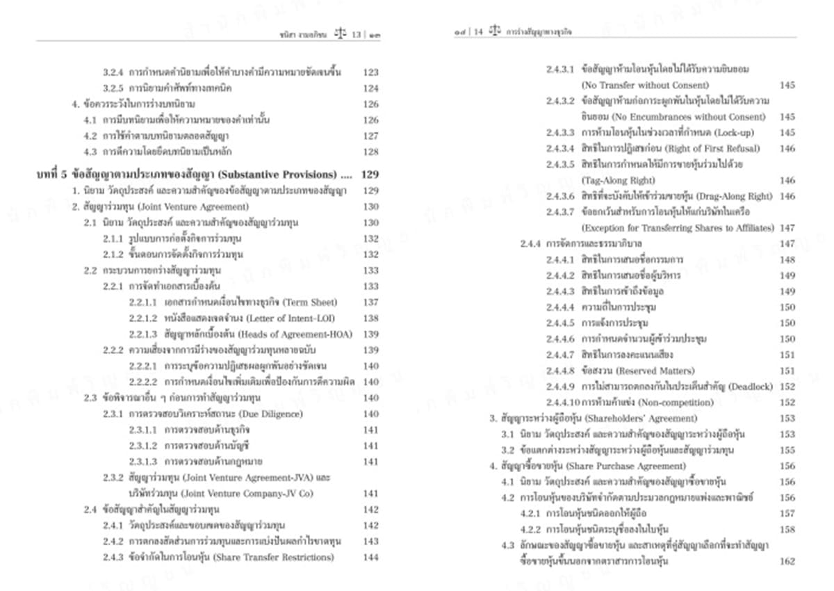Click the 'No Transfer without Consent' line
635,85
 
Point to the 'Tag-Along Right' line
614,181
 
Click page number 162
787,562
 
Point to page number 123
370,72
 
